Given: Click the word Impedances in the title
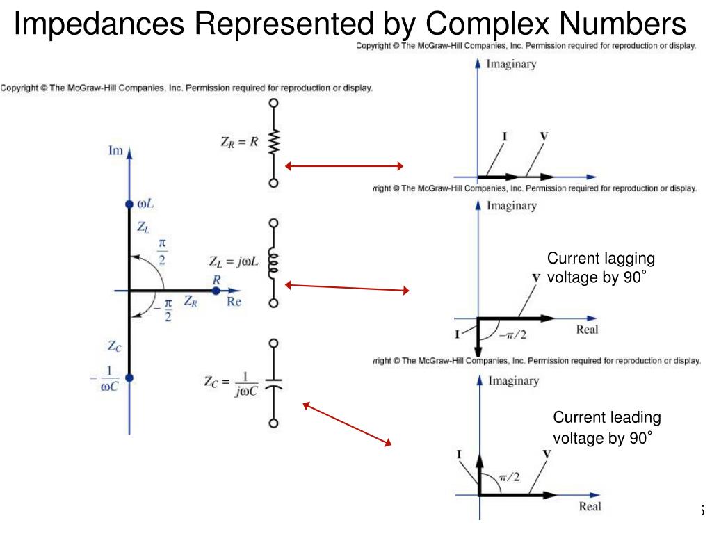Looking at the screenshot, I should pyautogui.click(x=99, y=25).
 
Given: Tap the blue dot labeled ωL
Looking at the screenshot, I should pyautogui.click(x=129, y=204).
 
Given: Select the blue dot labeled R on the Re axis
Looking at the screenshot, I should pyautogui.click(x=216, y=290).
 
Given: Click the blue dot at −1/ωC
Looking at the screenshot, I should pyautogui.click(x=129, y=378).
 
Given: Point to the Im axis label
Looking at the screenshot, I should pyautogui.click(x=115, y=149).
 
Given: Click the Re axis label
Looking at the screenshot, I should pyautogui.click(x=234, y=302).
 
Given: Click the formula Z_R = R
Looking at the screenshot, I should pyautogui.click(x=240, y=142).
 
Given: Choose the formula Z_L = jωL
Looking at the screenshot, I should pyautogui.click(x=234, y=262).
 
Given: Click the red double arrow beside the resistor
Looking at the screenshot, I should pyautogui.click(x=344, y=166).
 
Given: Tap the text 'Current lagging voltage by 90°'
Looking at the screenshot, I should pyautogui.click(x=601, y=268).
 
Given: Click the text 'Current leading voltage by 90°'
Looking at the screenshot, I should pyautogui.click(x=606, y=427).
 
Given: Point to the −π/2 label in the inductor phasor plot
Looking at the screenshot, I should pyautogui.click(x=513, y=334).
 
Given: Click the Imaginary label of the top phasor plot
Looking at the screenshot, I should pyautogui.click(x=511, y=64).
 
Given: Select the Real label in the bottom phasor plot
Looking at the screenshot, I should pyautogui.click(x=590, y=507).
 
